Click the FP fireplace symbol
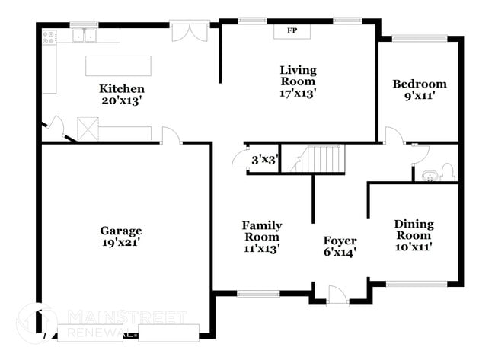point(291,31)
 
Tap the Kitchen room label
point(121,88)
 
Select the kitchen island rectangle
point(118,65)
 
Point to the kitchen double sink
point(84,35)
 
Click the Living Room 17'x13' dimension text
point(297,93)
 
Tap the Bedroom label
point(419,84)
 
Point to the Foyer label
point(340,241)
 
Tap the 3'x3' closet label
point(264,160)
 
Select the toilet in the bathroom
point(447,172)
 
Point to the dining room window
point(416,285)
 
